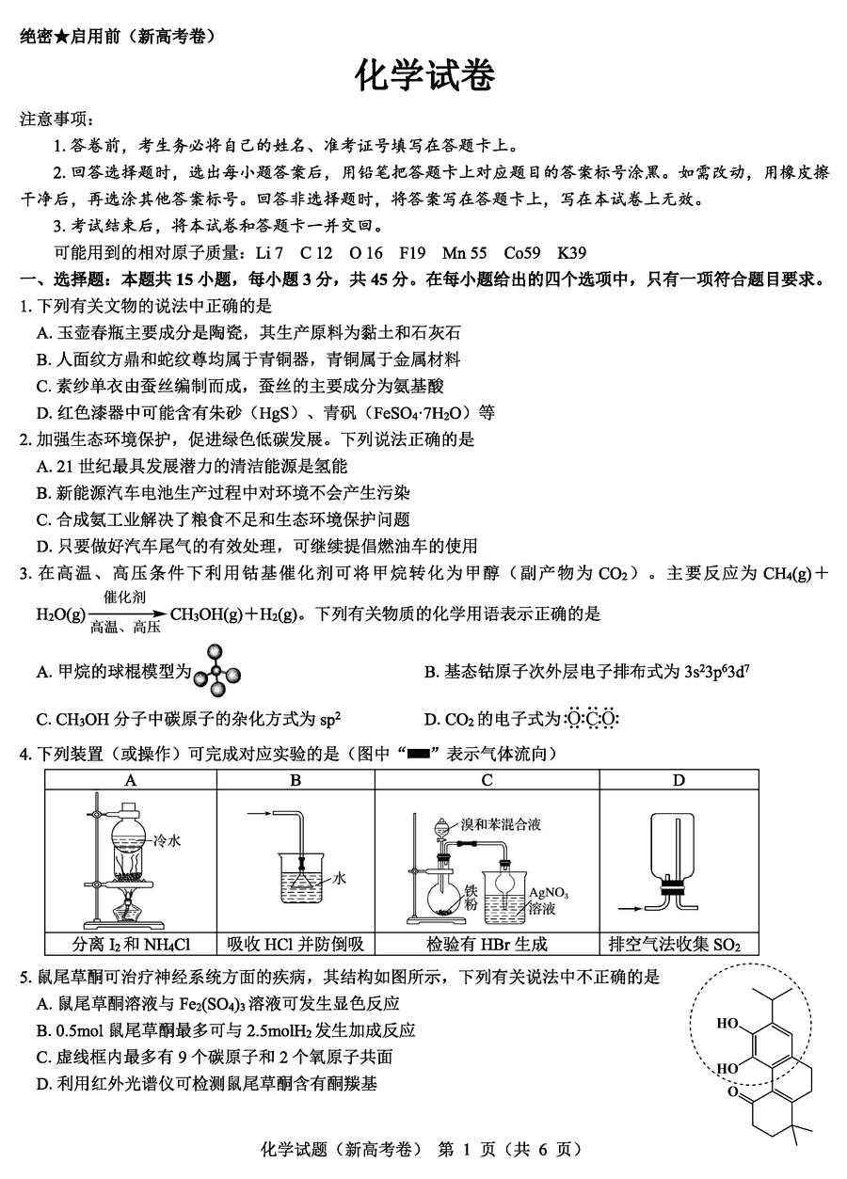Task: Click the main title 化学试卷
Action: click(x=423, y=76)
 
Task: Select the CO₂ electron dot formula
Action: click(x=592, y=720)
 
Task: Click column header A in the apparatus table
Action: click(x=131, y=779)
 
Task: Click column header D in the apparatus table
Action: click(x=679, y=779)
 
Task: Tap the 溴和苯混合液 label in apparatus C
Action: click(x=501, y=823)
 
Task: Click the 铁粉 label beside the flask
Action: click(x=471, y=898)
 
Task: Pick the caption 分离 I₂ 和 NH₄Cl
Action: click(x=131, y=944)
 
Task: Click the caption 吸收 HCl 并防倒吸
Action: click(x=296, y=944)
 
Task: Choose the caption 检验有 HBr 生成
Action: click(x=487, y=944)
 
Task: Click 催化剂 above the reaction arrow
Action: click(x=124, y=597)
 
